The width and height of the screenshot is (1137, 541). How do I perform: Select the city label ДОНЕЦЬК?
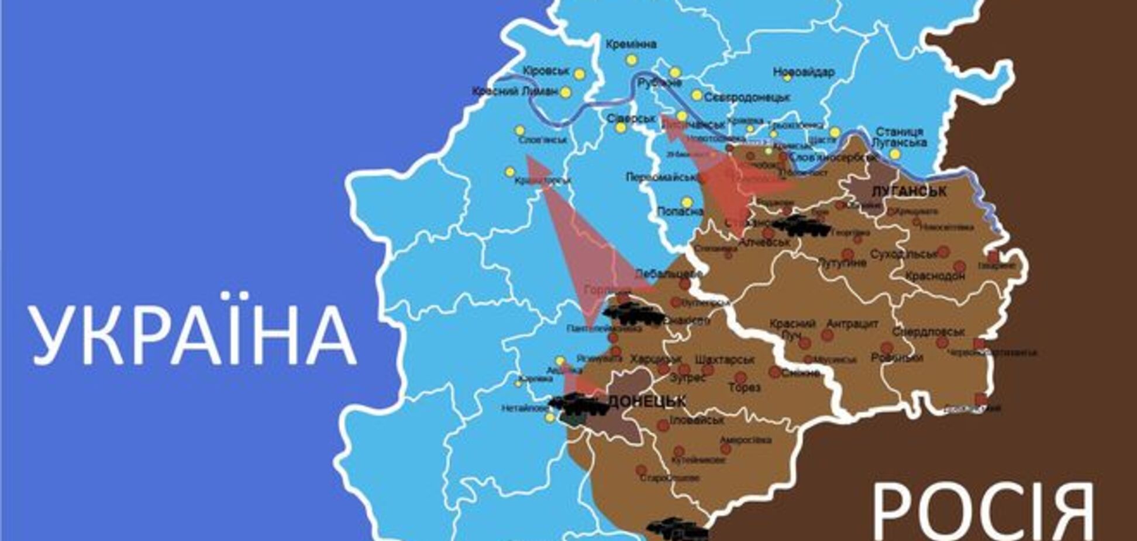(647, 402)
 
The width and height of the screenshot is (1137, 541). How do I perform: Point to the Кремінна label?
(631, 44)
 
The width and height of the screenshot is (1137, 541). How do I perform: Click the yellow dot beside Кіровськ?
(579, 74)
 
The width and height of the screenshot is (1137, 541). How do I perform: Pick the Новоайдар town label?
(804, 72)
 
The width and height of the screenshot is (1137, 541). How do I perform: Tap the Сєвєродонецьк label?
(747, 97)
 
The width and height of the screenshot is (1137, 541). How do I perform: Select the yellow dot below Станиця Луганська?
(895, 154)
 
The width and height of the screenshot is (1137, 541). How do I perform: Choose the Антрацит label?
(852, 323)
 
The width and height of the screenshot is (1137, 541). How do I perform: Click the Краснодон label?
(934, 276)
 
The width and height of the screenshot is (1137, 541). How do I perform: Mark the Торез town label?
(745, 387)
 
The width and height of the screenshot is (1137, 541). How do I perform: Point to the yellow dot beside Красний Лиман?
(566, 93)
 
